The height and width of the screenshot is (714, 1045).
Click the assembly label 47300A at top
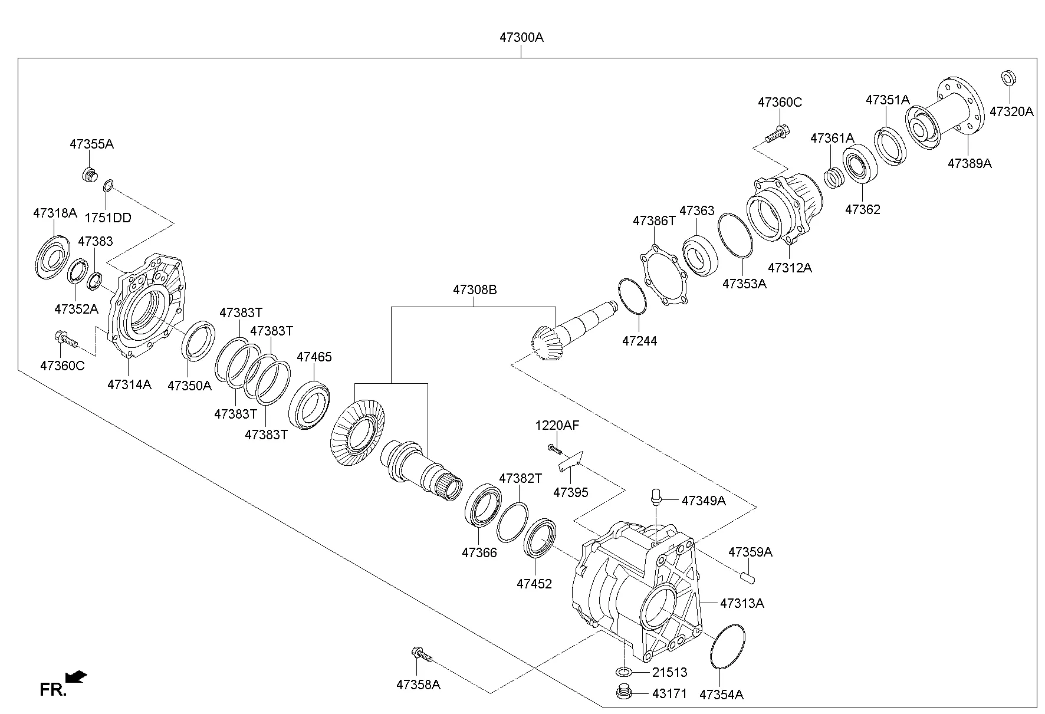(x=521, y=37)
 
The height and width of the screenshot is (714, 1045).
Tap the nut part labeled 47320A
(x=1008, y=78)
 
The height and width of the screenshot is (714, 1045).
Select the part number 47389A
(x=970, y=163)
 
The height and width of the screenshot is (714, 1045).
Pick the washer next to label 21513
(x=625, y=672)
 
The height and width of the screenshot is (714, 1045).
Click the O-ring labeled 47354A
(x=728, y=646)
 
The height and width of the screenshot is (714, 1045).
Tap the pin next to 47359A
(x=746, y=574)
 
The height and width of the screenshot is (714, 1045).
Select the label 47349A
(x=704, y=501)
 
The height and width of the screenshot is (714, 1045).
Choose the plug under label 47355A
(x=89, y=175)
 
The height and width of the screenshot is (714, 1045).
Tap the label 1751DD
(x=108, y=218)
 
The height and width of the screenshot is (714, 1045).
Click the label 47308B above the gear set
(x=475, y=289)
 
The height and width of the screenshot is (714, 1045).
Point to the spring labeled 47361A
(x=833, y=177)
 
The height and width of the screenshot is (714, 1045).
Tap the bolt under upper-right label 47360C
(x=777, y=134)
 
